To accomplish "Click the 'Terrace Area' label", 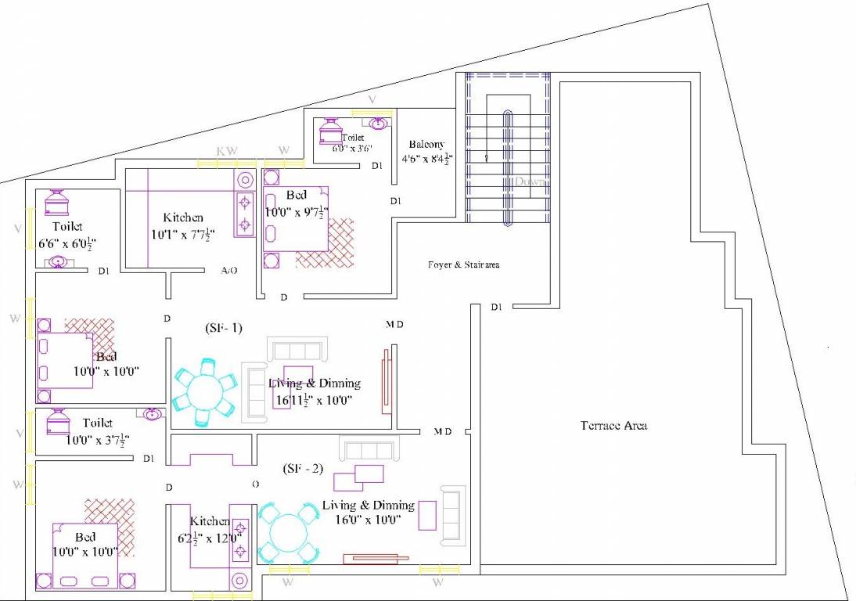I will [x=613, y=426].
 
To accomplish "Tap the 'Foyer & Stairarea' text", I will [x=464, y=265].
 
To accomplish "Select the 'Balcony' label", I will [x=426, y=144].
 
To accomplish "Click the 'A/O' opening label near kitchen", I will [x=229, y=271].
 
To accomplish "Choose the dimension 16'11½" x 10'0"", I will [x=314, y=399].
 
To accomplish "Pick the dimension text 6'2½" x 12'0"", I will [x=210, y=537].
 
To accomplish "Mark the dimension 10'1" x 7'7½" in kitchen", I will [x=183, y=232].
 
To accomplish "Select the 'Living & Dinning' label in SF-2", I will [x=368, y=505].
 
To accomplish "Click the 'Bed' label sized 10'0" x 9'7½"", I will [x=296, y=195].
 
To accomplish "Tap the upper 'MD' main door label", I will [x=394, y=324].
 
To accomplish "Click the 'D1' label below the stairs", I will [x=497, y=307].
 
